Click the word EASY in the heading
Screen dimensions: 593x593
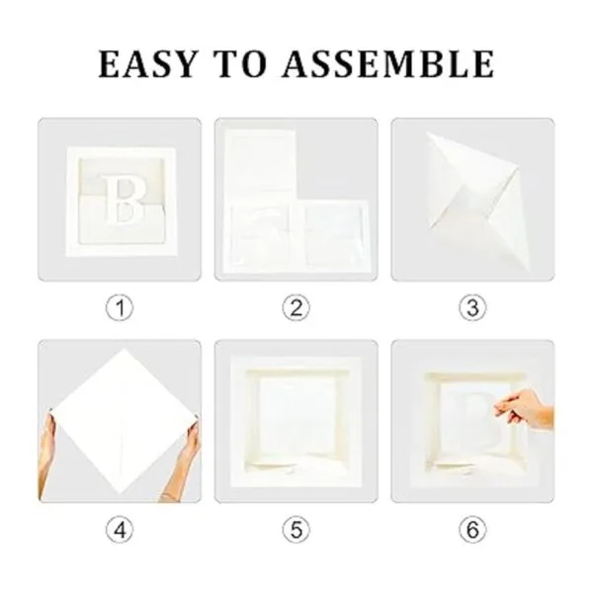pyautogui.click(x=147, y=64)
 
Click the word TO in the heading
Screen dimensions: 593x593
pyautogui.click(x=241, y=64)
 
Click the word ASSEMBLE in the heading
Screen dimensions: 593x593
pyautogui.click(x=388, y=64)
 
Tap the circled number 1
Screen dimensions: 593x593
pyautogui.click(x=120, y=307)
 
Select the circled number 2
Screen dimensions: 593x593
pyautogui.click(x=296, y=307)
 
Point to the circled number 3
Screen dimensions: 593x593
pyautogui.click(x=472, y=307)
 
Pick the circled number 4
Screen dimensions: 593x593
pyautogui.click(x=120, y=530)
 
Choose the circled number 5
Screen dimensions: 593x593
pyautogui.click(x=296, y=530)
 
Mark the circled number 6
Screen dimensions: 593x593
pyautogui.click(x=472, y=530)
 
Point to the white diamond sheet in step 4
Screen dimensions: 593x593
pyautogui.click(x=123, y=421)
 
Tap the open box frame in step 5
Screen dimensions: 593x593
pyautogui.click(x=296, y=422)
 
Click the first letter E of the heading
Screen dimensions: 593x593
pyautogui.click(x=110, y=64)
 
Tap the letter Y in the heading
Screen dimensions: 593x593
pyautogui.click(x=184, y=64)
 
